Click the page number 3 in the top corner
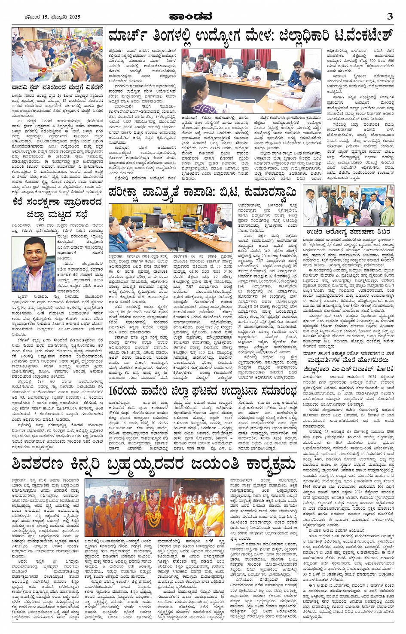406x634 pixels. click(x=389, y=16)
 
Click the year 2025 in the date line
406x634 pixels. click(x=74, y=17)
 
